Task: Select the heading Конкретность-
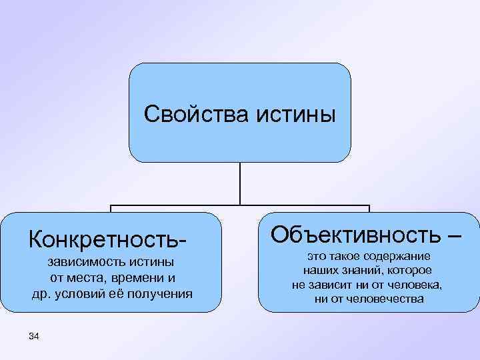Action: pos(105,237)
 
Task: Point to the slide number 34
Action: pos(35,337)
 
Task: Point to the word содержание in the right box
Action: pos(399,257)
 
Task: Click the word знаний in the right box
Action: pos(359,271)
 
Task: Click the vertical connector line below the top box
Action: pos(240,183)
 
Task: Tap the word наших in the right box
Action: pos(318,271)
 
